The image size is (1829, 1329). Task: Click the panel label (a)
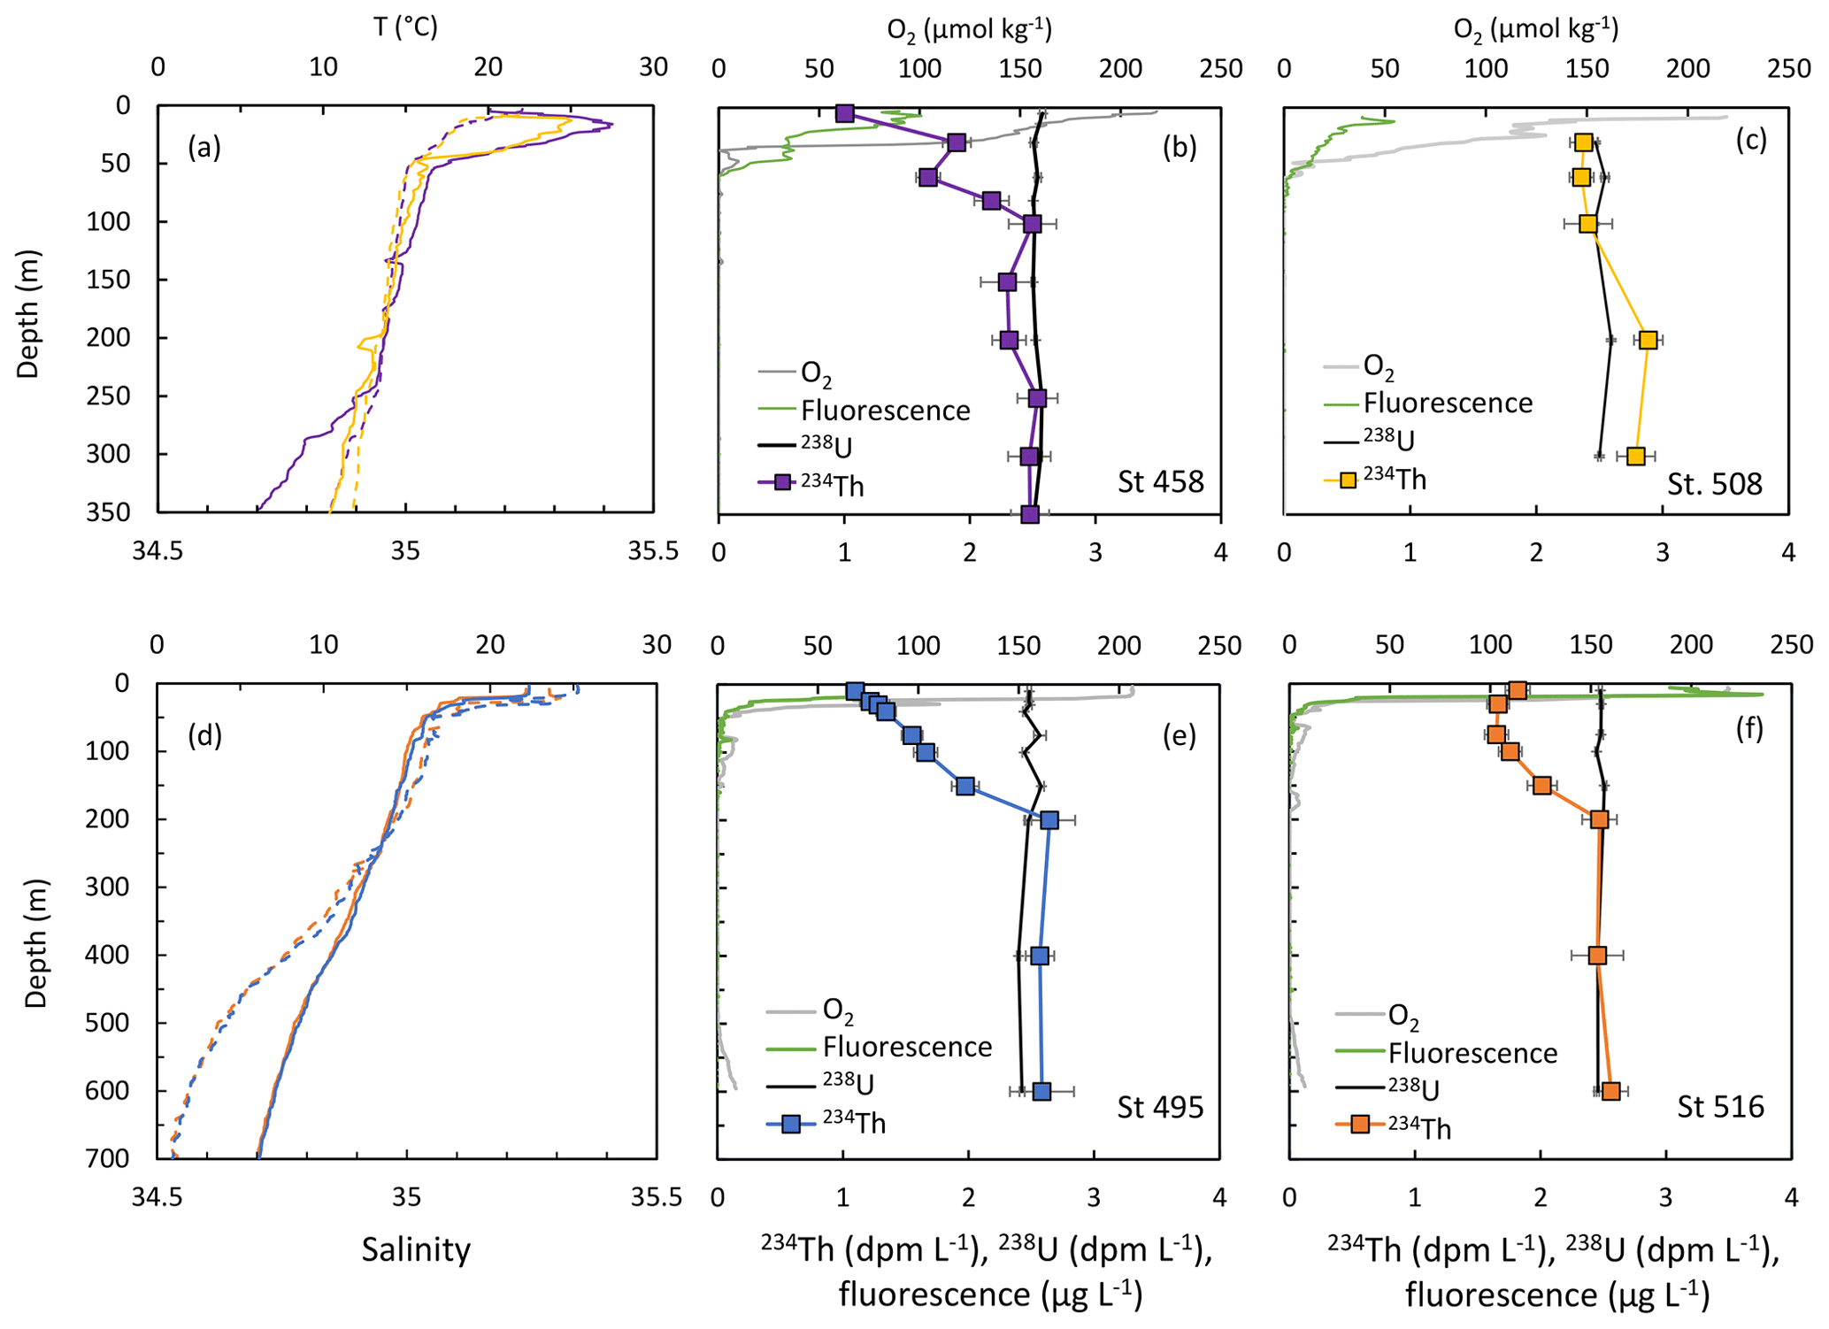(204, 148)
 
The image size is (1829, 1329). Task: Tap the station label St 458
(1160, 482)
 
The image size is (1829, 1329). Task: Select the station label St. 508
(1714, 484)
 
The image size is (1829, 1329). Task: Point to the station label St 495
(1159, 1107)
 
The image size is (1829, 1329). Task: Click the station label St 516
(1720, 1107)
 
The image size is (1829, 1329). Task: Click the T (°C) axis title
(405, 27)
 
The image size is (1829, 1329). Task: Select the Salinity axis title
(416, 1249)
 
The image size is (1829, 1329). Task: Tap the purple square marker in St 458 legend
(782, 483)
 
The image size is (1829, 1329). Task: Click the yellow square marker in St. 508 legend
(1348, 480)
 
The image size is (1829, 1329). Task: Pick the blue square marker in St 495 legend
(791, 1125)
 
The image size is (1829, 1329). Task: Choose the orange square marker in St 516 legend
(1360, 1125)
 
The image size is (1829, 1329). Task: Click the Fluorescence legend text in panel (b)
(885, 411)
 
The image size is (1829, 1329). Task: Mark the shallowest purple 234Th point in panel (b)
(845, 113)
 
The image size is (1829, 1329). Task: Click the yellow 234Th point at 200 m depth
(1648, 340)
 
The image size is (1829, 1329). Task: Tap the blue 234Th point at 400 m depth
(1040, 956)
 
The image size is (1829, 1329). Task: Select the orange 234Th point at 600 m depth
(1611, 1091)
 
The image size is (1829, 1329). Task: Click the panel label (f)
(1749, 728)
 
